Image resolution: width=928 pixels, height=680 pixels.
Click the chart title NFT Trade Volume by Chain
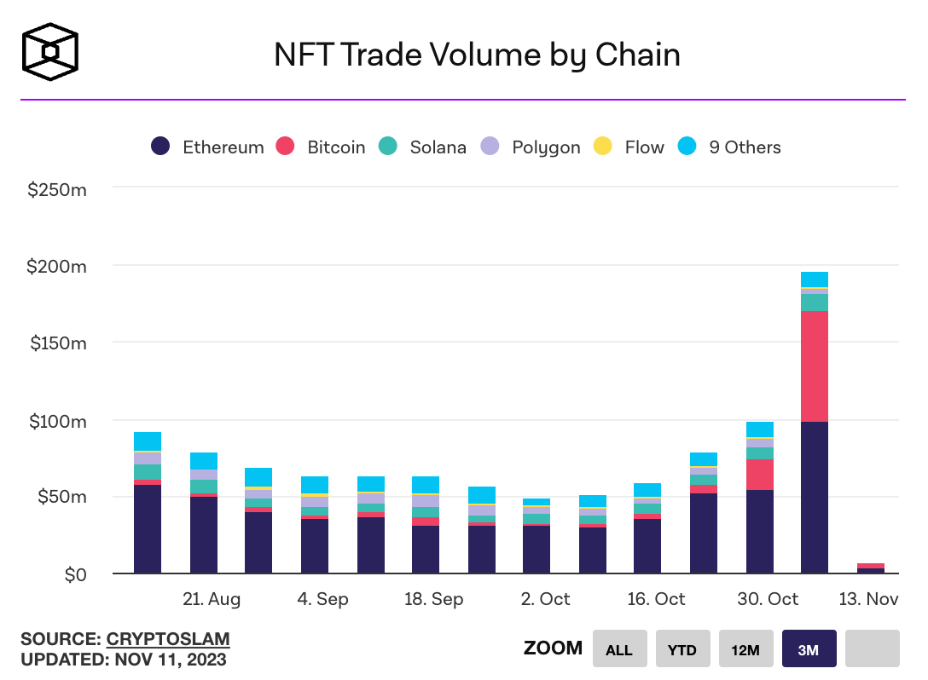[x=477, y=55]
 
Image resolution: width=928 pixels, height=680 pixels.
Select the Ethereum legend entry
[x=207, y=147]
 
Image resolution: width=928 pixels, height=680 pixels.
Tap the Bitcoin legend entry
[x=321, y=147]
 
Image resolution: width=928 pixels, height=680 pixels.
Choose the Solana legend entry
[x=423, y=147]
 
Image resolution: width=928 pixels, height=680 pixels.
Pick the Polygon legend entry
[x=531, y=147]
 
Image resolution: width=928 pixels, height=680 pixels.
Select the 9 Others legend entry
[x=729, y=147]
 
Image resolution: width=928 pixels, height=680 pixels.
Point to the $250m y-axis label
[x=57, y=189]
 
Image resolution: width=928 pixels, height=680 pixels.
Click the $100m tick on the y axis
[x=57, y=421]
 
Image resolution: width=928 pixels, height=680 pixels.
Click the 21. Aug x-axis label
[x=212, y=599]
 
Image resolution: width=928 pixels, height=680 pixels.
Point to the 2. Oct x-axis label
[x=544, y=599]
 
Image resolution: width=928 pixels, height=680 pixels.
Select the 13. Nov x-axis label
[x=869, y=599]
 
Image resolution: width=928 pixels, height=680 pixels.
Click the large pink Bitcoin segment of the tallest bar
[x=815, y=366]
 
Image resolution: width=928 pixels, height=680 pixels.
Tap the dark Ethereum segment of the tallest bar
[x=815, y=498]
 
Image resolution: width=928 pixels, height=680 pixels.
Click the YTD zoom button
[x=681, y=649]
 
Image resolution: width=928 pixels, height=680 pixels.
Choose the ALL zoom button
[x=618, y=649]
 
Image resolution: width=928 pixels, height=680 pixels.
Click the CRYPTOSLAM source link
[x=168, y=639]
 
